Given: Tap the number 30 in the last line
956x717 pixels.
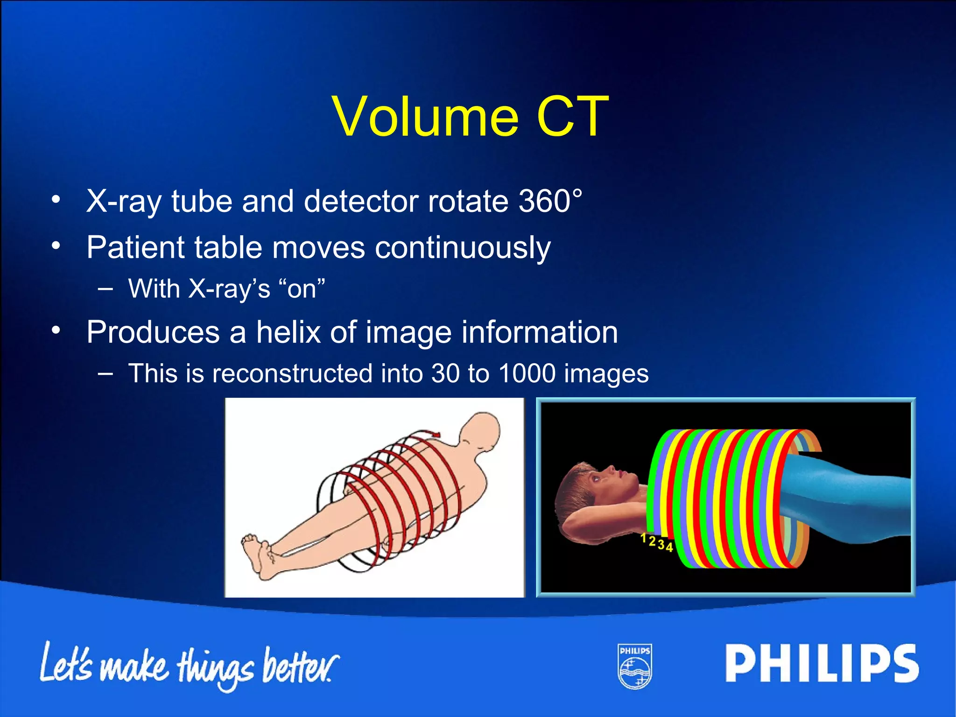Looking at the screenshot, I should point(445,374).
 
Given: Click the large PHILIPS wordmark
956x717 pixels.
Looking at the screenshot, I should point(821,663).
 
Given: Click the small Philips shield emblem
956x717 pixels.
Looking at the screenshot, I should point(635,667).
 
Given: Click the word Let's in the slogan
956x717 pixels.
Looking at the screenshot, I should point(65,663).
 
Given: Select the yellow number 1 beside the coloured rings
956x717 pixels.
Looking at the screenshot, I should point(643,538).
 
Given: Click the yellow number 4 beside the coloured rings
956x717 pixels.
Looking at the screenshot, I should point(669,547).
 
